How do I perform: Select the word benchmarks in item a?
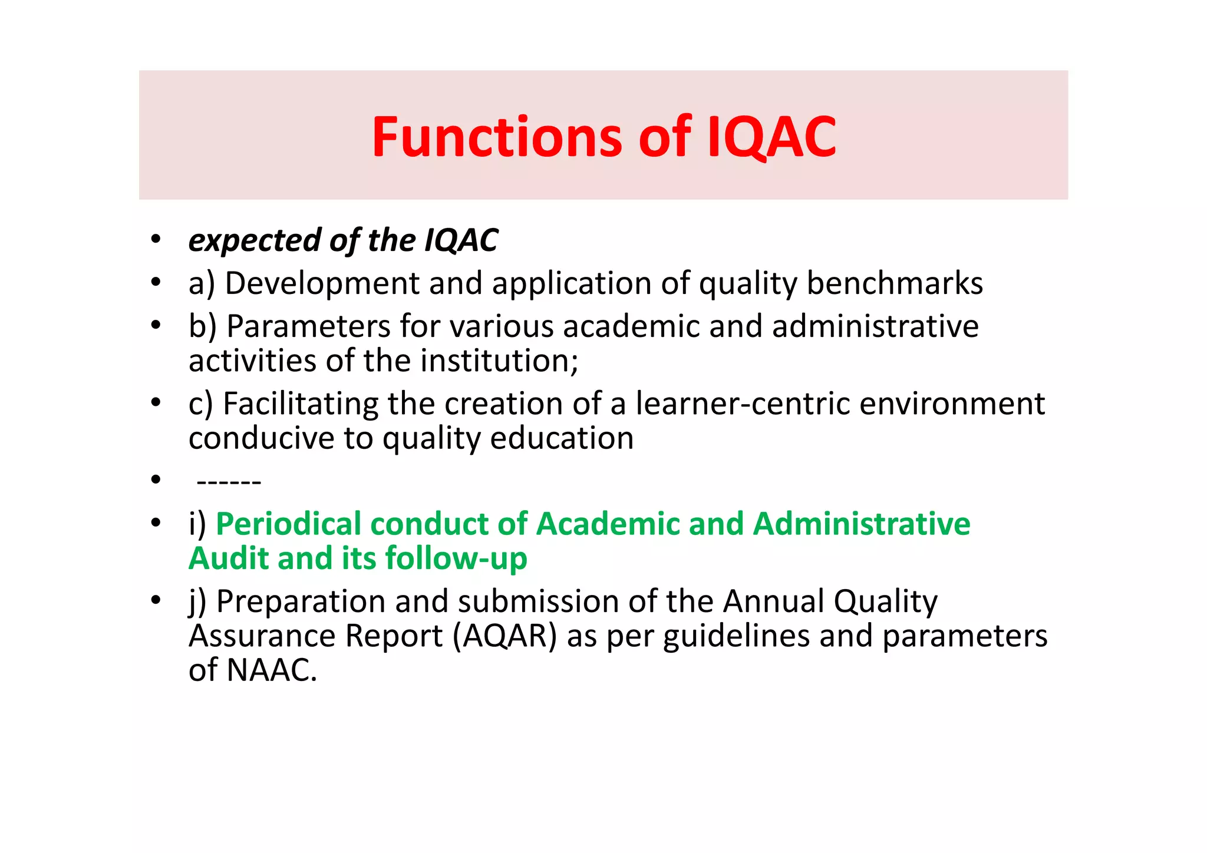tap(894, 283)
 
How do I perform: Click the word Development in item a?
tap(322, 283)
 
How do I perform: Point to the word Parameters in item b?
tap(308, 326)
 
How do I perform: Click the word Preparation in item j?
tap(301, 602)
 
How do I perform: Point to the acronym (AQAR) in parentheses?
tap(504, 636)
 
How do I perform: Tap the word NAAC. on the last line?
tap(272, 670)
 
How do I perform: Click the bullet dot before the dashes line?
tap(156, 480)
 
